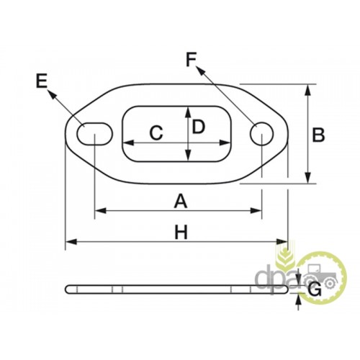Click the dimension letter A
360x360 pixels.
[181, 202]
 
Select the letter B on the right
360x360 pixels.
[318, 135]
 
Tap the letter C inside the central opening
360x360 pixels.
[156, 132]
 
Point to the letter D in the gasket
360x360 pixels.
[199, 127]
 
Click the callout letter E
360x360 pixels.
[42, 81]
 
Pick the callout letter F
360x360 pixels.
[191, 59]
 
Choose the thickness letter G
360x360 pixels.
[315, 289]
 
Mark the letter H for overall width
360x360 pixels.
[181, 233]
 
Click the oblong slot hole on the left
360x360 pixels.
[94, 134]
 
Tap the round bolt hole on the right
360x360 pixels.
[261, 134]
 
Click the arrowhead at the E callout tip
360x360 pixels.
[51, 94]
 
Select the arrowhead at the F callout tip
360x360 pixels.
[201, 70]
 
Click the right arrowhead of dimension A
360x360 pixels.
[256, 211]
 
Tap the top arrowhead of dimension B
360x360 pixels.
[308, 91]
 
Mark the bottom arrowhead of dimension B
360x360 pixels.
[308, 178]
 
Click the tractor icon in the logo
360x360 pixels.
[322, 276]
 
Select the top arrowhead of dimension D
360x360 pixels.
[189, 112]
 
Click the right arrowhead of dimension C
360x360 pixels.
[225, 143]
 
